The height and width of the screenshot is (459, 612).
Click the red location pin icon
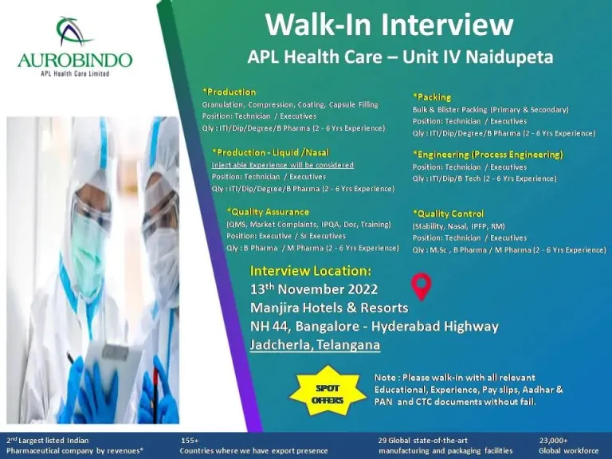tap(422, 287)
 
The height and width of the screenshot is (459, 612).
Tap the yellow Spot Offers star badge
tap(328, 390)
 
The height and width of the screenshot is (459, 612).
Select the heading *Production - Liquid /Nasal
tap(271, 153)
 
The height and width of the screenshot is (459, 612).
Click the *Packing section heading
tap(432, 97)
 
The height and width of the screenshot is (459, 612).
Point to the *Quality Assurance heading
tap(268, 212)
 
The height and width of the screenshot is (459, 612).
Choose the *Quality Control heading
tap(449, 214)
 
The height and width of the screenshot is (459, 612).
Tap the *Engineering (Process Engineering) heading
tap(488, 155)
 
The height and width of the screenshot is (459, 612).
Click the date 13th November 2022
tap(314, 289)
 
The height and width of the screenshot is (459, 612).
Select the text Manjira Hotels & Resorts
tap(329, 308)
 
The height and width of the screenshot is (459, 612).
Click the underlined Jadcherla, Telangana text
tap(315, 344)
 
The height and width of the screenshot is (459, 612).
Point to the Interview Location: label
tap(311, 271)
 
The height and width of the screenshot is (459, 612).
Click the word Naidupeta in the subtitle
tap(510, 57)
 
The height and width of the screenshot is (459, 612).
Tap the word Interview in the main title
tap(447, 24)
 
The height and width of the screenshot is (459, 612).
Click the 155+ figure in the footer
tap(190, 441)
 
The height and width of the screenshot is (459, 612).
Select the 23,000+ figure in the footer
tap(554, 441)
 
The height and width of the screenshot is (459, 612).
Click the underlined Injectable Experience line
tap(283, 165)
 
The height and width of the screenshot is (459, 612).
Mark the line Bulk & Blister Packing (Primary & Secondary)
tap(491, 110)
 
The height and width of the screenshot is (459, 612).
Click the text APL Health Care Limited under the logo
tap(75, 73)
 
